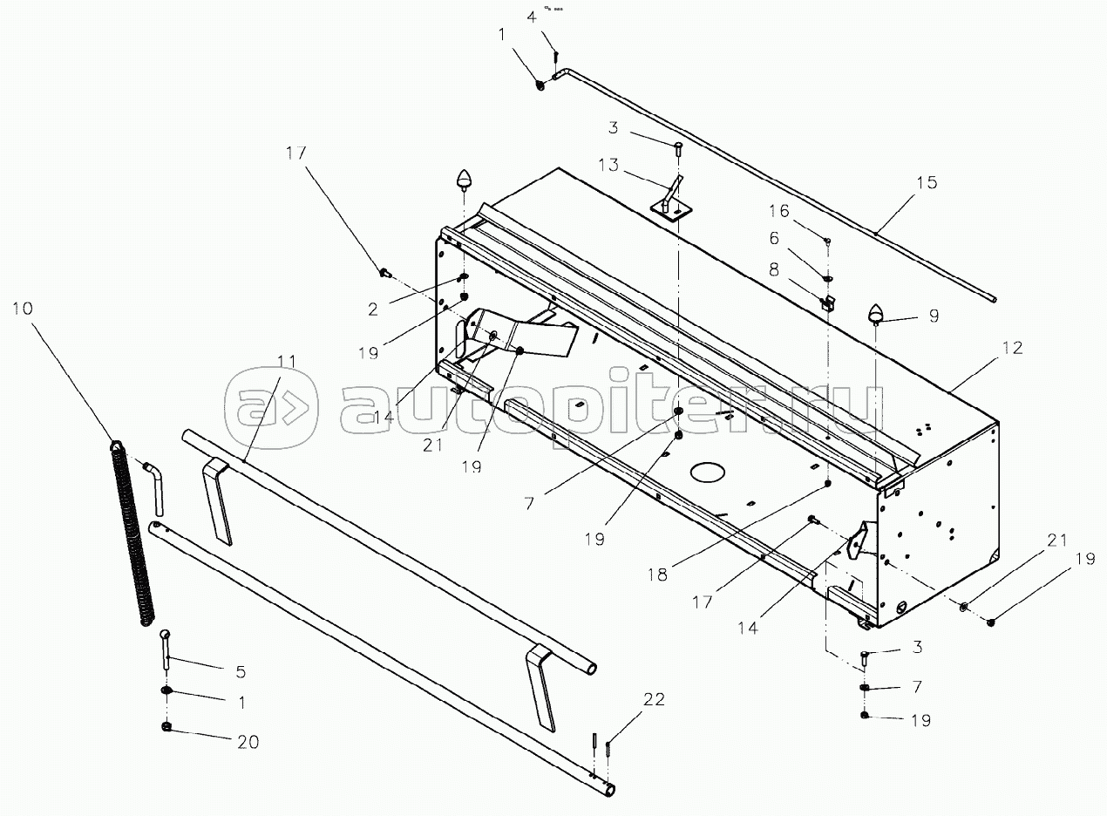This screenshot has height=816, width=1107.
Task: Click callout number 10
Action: tap(24, 309)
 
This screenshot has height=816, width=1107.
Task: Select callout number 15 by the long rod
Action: tap(926, 182)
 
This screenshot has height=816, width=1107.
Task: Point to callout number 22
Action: tap(654, 698)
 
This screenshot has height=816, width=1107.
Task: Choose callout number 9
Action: tap(934, 316)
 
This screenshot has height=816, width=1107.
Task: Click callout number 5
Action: tap(240, 672)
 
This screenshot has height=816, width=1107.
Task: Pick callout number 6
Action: tap(775, 238)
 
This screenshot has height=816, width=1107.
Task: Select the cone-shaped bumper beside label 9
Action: tap(877, 313)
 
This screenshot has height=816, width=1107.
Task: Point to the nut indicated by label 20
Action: tap(166, 726)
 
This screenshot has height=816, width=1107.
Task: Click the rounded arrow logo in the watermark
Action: tap(270, 406)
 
